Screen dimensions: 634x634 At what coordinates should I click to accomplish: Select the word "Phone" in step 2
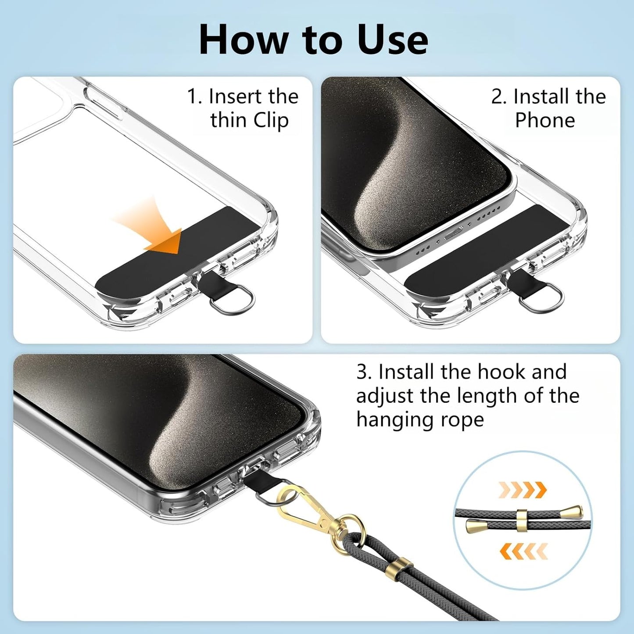pos(544,120)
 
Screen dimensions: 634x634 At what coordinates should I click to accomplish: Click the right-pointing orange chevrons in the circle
pos(522,489)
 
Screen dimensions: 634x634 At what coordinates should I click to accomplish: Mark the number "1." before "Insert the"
pos(194,97)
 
